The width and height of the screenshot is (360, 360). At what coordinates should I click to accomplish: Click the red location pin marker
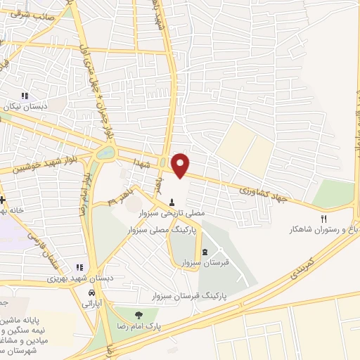tap(181, 164)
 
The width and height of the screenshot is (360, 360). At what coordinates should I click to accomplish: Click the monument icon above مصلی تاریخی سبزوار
tap(172, 201)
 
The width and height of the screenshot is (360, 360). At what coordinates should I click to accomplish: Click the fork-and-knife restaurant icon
tap(324, 218)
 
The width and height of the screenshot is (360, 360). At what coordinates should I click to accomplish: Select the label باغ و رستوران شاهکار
tap(323, 230)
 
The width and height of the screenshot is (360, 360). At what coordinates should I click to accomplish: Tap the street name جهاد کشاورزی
tap(264, 191)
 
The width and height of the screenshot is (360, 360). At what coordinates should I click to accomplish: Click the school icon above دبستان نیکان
tap(26, 96)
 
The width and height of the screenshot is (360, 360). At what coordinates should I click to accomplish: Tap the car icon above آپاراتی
tap(92, 292)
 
